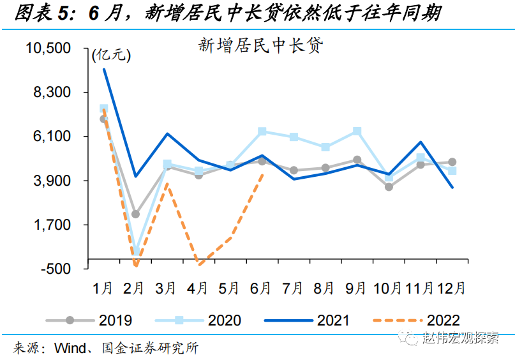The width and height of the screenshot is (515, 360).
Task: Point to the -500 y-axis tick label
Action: (x=61, y=269)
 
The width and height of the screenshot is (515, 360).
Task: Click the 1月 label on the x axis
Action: (x=103, y=289)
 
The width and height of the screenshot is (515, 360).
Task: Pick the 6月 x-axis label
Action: (x=261, y=289)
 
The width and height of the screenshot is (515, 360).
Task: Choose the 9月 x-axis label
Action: (x=356, y=289)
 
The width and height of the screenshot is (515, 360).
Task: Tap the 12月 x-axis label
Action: (x=451, y=289)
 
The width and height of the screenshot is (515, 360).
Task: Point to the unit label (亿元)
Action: (x=112, y=56)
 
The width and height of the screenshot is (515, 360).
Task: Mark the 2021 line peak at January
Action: (x=103, y=69)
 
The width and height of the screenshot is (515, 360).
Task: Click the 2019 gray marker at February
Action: (x=135, y=214)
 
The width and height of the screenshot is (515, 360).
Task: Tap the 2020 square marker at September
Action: (x=357, y=131)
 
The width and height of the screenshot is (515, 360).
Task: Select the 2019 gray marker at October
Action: (x=389, y=187)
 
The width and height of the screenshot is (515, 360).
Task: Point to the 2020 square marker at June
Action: (x=262, y=131)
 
